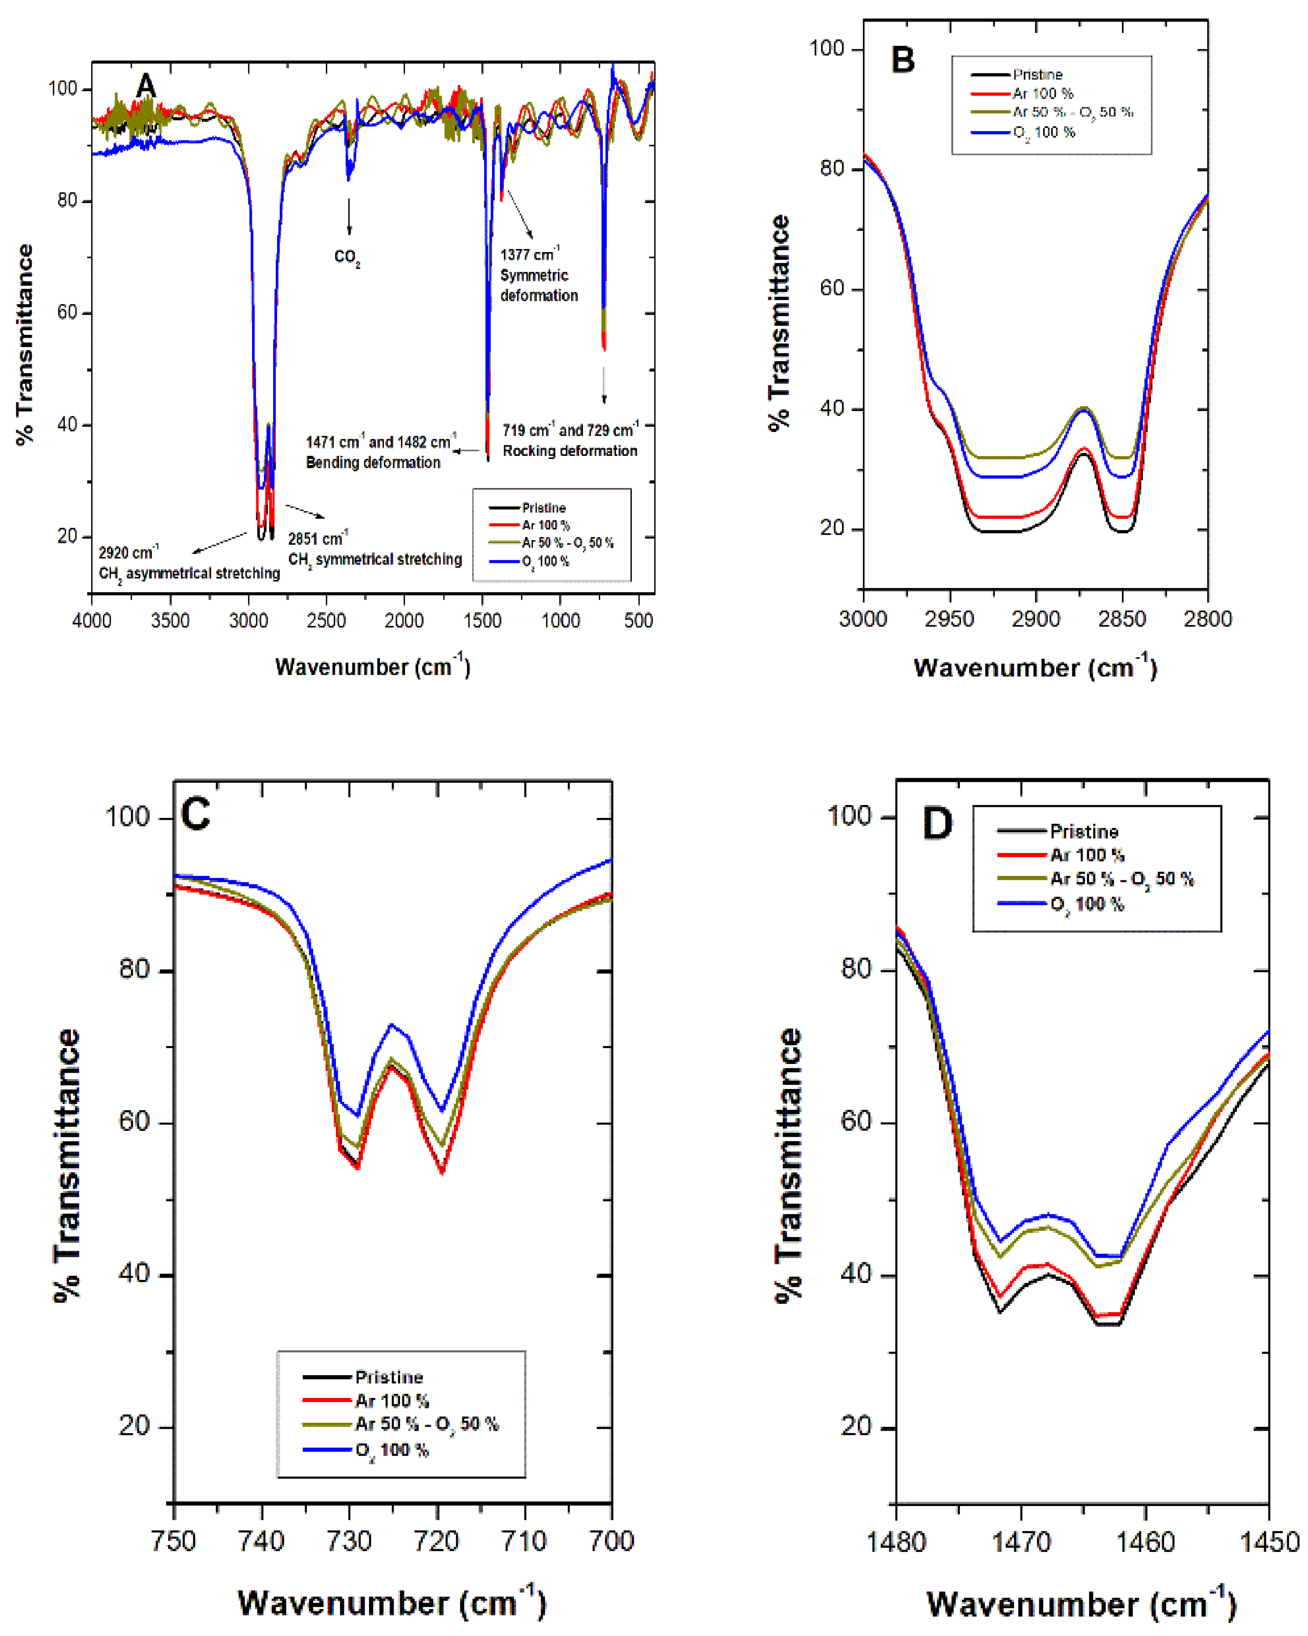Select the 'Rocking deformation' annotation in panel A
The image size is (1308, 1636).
point(570,451)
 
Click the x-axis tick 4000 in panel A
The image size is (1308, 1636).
point(92,621)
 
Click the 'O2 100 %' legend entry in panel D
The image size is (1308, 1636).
point(1086,904)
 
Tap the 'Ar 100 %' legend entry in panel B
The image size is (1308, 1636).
point(1042,93)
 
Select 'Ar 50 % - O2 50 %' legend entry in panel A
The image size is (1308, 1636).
point(567,542)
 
